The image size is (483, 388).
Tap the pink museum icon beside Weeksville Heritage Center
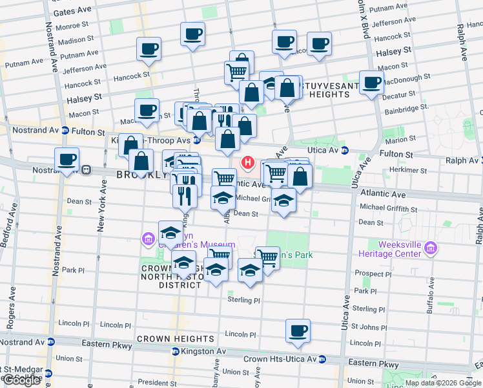click(x=431, y=248)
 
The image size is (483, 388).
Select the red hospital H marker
click(x=247, y=162)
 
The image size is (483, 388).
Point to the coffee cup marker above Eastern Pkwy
click(x=298, y=330)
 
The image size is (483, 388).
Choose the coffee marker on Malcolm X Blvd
click(x=371, y=82)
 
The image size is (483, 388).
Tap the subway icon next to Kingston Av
click(x=175, y=351)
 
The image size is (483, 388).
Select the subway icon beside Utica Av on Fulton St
click(x=345, y=151)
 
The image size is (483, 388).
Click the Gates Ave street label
click(x=73, y=12)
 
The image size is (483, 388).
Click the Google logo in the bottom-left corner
click(x=22, y=380)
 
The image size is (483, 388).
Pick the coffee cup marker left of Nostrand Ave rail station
click(x=67, y=159)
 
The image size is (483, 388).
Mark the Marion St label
click(x=402, y=139)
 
